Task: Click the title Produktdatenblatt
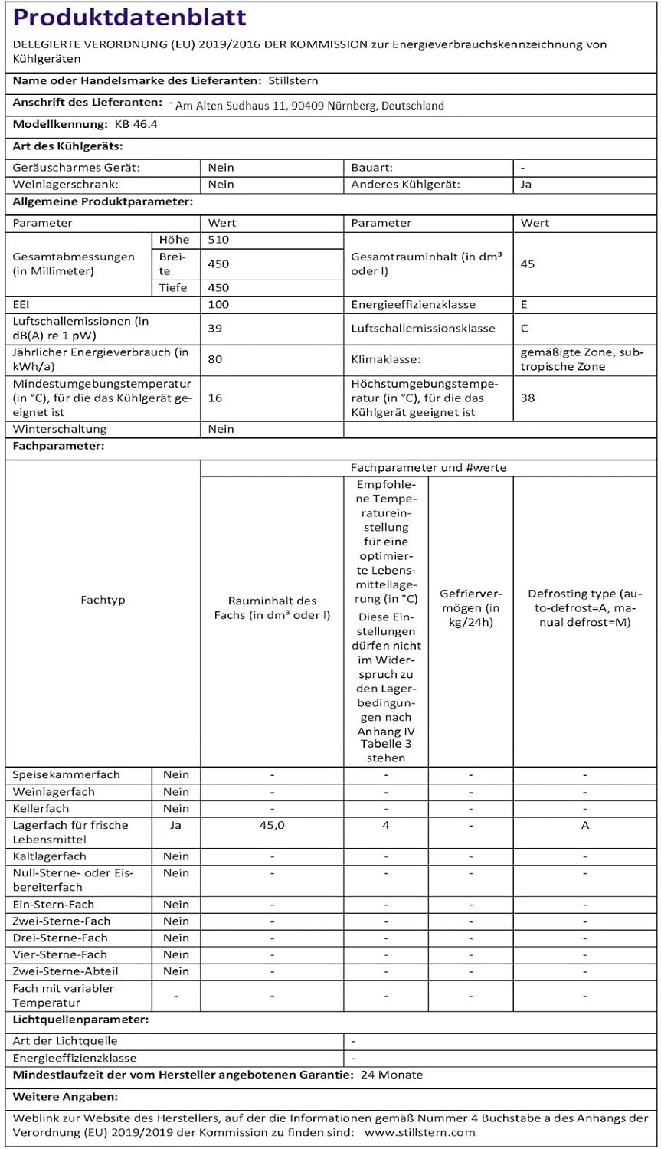click(129, 18)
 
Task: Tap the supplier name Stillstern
click(293, 80)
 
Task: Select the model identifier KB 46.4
click(136, 124)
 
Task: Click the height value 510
click(218, 240)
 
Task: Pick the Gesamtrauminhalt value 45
click(527, 264)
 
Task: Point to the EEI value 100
click(218, 304)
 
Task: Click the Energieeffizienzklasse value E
click(524, 304)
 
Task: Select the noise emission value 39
click(215, 328)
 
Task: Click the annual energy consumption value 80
click(215, 359)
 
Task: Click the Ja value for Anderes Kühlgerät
click(526, 185)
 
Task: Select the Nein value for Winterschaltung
click(221, 429)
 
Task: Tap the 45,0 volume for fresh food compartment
click(272, 825)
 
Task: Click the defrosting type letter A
click(585, 825)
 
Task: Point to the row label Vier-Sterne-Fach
click(60, 954)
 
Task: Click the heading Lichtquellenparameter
click(80, 1020)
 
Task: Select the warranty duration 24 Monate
click(391, 1075)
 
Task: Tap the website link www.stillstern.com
click(420, 1132)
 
